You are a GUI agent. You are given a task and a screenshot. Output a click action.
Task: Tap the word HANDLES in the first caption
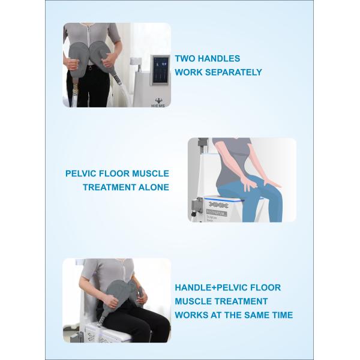[221, 59]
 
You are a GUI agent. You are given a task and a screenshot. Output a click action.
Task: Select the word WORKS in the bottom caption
[192, 314]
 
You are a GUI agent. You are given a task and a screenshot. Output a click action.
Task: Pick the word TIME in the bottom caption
[280, 314]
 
